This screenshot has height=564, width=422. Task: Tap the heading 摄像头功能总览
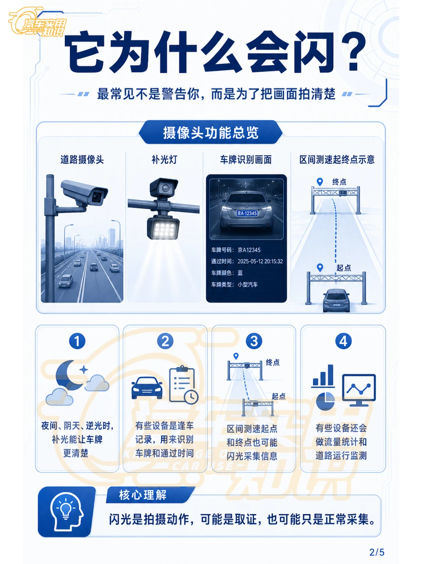(x=211, y=133)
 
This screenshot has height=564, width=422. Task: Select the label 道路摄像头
(x=82, y=159)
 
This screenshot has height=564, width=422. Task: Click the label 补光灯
(x=165, y=159)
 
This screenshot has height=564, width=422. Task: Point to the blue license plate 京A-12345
(x=247, y=213)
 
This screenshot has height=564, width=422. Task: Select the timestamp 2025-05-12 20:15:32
(x=260, y=261)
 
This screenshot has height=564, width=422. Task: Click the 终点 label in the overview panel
(x=339, y=182)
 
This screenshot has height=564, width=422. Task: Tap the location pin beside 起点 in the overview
(x=320, y=267)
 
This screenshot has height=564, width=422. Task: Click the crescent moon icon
(x=67, y=375)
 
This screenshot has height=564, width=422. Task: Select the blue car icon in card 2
(x=147, y=388)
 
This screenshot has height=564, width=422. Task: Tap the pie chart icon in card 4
(x=325, y=401)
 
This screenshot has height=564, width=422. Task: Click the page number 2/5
(x=377, y=552)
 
